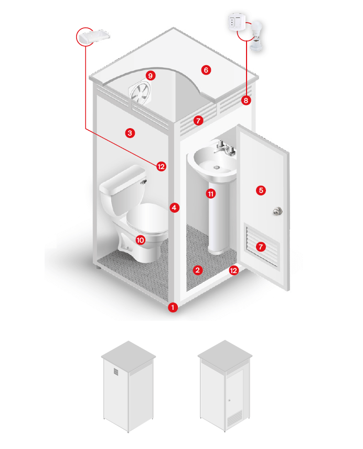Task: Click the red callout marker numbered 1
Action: (x=173, y=307)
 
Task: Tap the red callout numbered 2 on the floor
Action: (x=197, y=270)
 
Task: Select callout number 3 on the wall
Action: (x=130, y=133)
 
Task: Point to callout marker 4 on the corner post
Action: (x=175, y=207)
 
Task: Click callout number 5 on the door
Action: (x=261, y=190)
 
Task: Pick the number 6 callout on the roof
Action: (x=206, y=70)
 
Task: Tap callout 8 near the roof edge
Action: (x=245, y=100)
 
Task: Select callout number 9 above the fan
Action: (x=151, y=76)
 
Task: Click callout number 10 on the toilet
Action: (x=140, y=240)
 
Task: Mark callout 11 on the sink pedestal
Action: (x=211, y=194)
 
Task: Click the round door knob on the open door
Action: (x=277, y=211)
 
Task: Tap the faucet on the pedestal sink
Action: (x=225, y=147)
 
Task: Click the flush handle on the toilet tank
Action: (x=144, y=182)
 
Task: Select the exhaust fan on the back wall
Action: (x=140, y=93)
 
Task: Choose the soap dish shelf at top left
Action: (x=94, y=37)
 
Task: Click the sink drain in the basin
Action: (x=217, y=167)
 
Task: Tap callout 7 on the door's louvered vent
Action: (x=261, y=247)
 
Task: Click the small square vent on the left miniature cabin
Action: (x=116, y=371)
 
